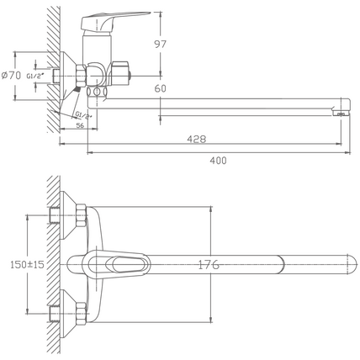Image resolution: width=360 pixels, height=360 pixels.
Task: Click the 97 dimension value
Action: click(x=160, y=44)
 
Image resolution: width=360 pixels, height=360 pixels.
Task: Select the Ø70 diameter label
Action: click(x=11, y=76)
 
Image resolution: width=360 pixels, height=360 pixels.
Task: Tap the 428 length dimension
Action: click(x=197, y=139)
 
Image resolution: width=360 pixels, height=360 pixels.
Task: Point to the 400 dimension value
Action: click(x=218, y=161)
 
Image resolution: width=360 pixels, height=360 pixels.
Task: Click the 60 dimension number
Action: click(x=160, y=88)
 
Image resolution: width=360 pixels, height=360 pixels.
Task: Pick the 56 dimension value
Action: click(x=80, y=125)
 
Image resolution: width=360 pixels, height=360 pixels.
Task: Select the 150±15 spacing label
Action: click(x=27, y=264)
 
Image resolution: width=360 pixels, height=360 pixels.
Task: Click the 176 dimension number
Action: click(x=209, y=264)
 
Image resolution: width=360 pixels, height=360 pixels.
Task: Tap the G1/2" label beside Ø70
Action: click(x=36, y=76)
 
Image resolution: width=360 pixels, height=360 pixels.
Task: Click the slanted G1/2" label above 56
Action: click(x=83, y=115)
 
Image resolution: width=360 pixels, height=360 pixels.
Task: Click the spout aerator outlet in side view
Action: click(x=341, y=114)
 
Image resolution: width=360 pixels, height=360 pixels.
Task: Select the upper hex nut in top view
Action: click(x=82, y=215)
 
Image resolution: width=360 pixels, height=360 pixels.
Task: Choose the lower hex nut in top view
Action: click(x=82, y=313)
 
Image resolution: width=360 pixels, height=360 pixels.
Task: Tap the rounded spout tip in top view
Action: click(x=352, y=264)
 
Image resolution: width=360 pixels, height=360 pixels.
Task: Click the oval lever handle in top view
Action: click(x=119, y=264)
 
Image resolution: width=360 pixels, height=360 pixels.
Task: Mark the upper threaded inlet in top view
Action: click(x=55, y=215)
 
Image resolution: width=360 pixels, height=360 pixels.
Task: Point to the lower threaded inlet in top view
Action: click(x=55, y=314)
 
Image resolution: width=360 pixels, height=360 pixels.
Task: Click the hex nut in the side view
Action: click(x=81, y=76)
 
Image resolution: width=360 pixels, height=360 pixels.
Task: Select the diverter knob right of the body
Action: click(x=121, y=73)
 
